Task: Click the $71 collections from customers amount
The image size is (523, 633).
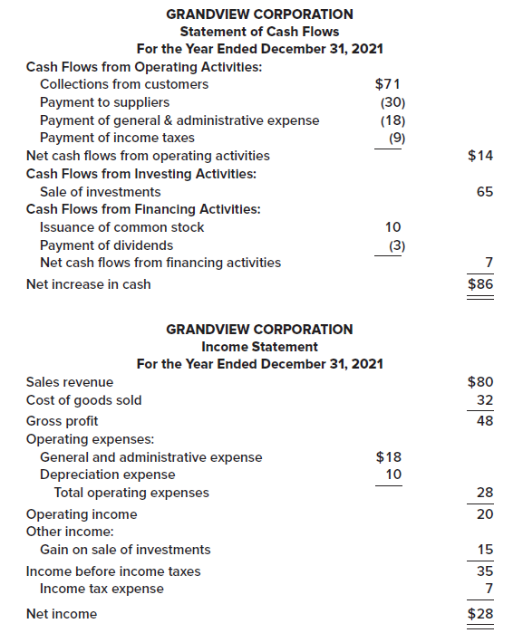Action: pyautogui.click(x=389, y=84)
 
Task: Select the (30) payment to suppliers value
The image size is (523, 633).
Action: pyautogui.click(x=392, y=102)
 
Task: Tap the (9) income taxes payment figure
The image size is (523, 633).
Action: pyautogui.click(x=395, y=138)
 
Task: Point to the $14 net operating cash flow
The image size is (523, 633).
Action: pyautogui.click(x=480, y=156)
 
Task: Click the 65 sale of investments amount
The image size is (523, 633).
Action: pyautogui.click(x=484, y=192)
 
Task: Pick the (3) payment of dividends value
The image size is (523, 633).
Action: pyautogui.click(x=395, y=245)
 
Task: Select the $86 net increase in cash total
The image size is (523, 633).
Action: pyautogui.click(x=480, y=284)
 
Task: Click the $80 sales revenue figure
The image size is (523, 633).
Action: pyautogui.click(x=480, y=382)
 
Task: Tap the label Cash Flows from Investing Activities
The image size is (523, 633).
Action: pyautogui.click(x=140, y=173)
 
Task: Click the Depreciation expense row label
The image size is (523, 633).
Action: pyautogui.click(x=108, y=475)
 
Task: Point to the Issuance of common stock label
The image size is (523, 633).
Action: pyautogui.click(x=122, y=227)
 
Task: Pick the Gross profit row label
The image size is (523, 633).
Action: pyautogui.click(x=63, y=421)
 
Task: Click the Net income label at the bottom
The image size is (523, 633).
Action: pyautogui.click(x=62, y=614)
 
